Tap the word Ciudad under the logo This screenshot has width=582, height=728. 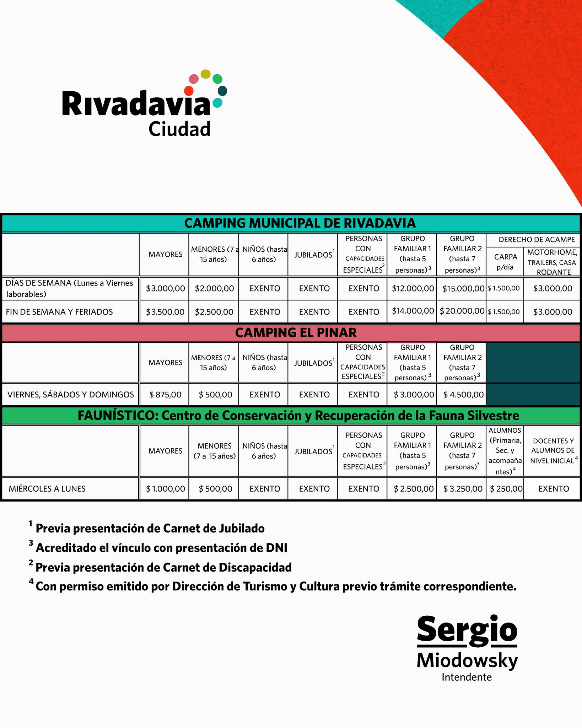pos(179,129)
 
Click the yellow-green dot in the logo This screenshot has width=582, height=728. pos(205,74)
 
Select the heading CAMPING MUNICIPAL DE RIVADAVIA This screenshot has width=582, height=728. pos(300,223)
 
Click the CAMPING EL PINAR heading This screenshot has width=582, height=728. pos(296,333)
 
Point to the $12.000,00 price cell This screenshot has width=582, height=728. pos(413,288)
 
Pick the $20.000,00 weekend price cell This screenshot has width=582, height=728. pos(462,311)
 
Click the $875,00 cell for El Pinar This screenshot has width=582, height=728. pos(165,394)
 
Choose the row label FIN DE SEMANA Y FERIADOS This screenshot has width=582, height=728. pos(59,312)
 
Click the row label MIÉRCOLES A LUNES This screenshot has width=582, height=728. pos(47,489)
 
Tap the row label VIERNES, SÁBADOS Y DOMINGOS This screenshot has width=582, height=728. pos(71,394)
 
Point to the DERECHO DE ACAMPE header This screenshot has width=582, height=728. pos(537,240)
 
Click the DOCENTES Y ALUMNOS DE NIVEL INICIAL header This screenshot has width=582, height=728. pos(553,451)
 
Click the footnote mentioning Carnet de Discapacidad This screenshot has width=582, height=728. pos(163,567)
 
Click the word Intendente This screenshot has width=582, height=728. pos(467,677)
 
